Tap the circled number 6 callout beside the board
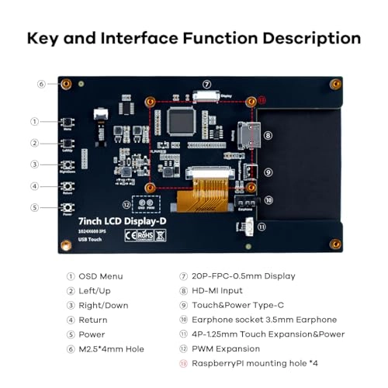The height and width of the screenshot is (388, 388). pyautogui.click(x=41, y=84)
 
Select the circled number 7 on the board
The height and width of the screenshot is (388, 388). pyautogui.click(x=206, y=85)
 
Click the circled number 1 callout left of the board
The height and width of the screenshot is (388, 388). pyautogui.click(x=34, y=121)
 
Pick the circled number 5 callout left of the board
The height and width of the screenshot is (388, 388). pyautogui.click(x=34, y=207)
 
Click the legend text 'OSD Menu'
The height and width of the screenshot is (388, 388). pyautogui.click(x=101, y=276)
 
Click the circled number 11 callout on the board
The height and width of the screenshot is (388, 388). pyautogui.click(x=262, y=227)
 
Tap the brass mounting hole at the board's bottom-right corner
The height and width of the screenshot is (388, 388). pyautogui.click(x=335, y=244)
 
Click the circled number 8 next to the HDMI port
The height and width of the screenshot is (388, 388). pyautogui.click(x=268, y=135)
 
